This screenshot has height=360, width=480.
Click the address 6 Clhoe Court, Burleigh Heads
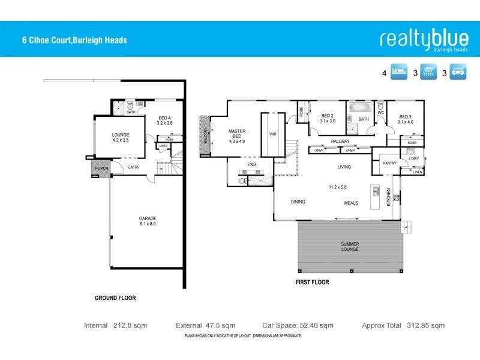[x=73, y=41]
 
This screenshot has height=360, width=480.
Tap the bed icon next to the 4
[x=400, y=73]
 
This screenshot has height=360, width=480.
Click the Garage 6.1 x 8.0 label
[x=147, y=221]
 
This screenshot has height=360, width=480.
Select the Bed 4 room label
[x=165, y=120]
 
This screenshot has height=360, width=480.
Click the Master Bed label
[x=238, y=136]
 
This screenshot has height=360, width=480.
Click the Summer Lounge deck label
[x=350, y=246]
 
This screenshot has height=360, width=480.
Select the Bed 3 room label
[x=405, y=118]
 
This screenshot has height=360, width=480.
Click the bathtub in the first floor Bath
[x=359, y=108]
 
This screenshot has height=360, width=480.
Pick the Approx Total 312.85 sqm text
[x=403, y=326]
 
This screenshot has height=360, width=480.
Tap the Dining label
[x=299, y=202]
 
